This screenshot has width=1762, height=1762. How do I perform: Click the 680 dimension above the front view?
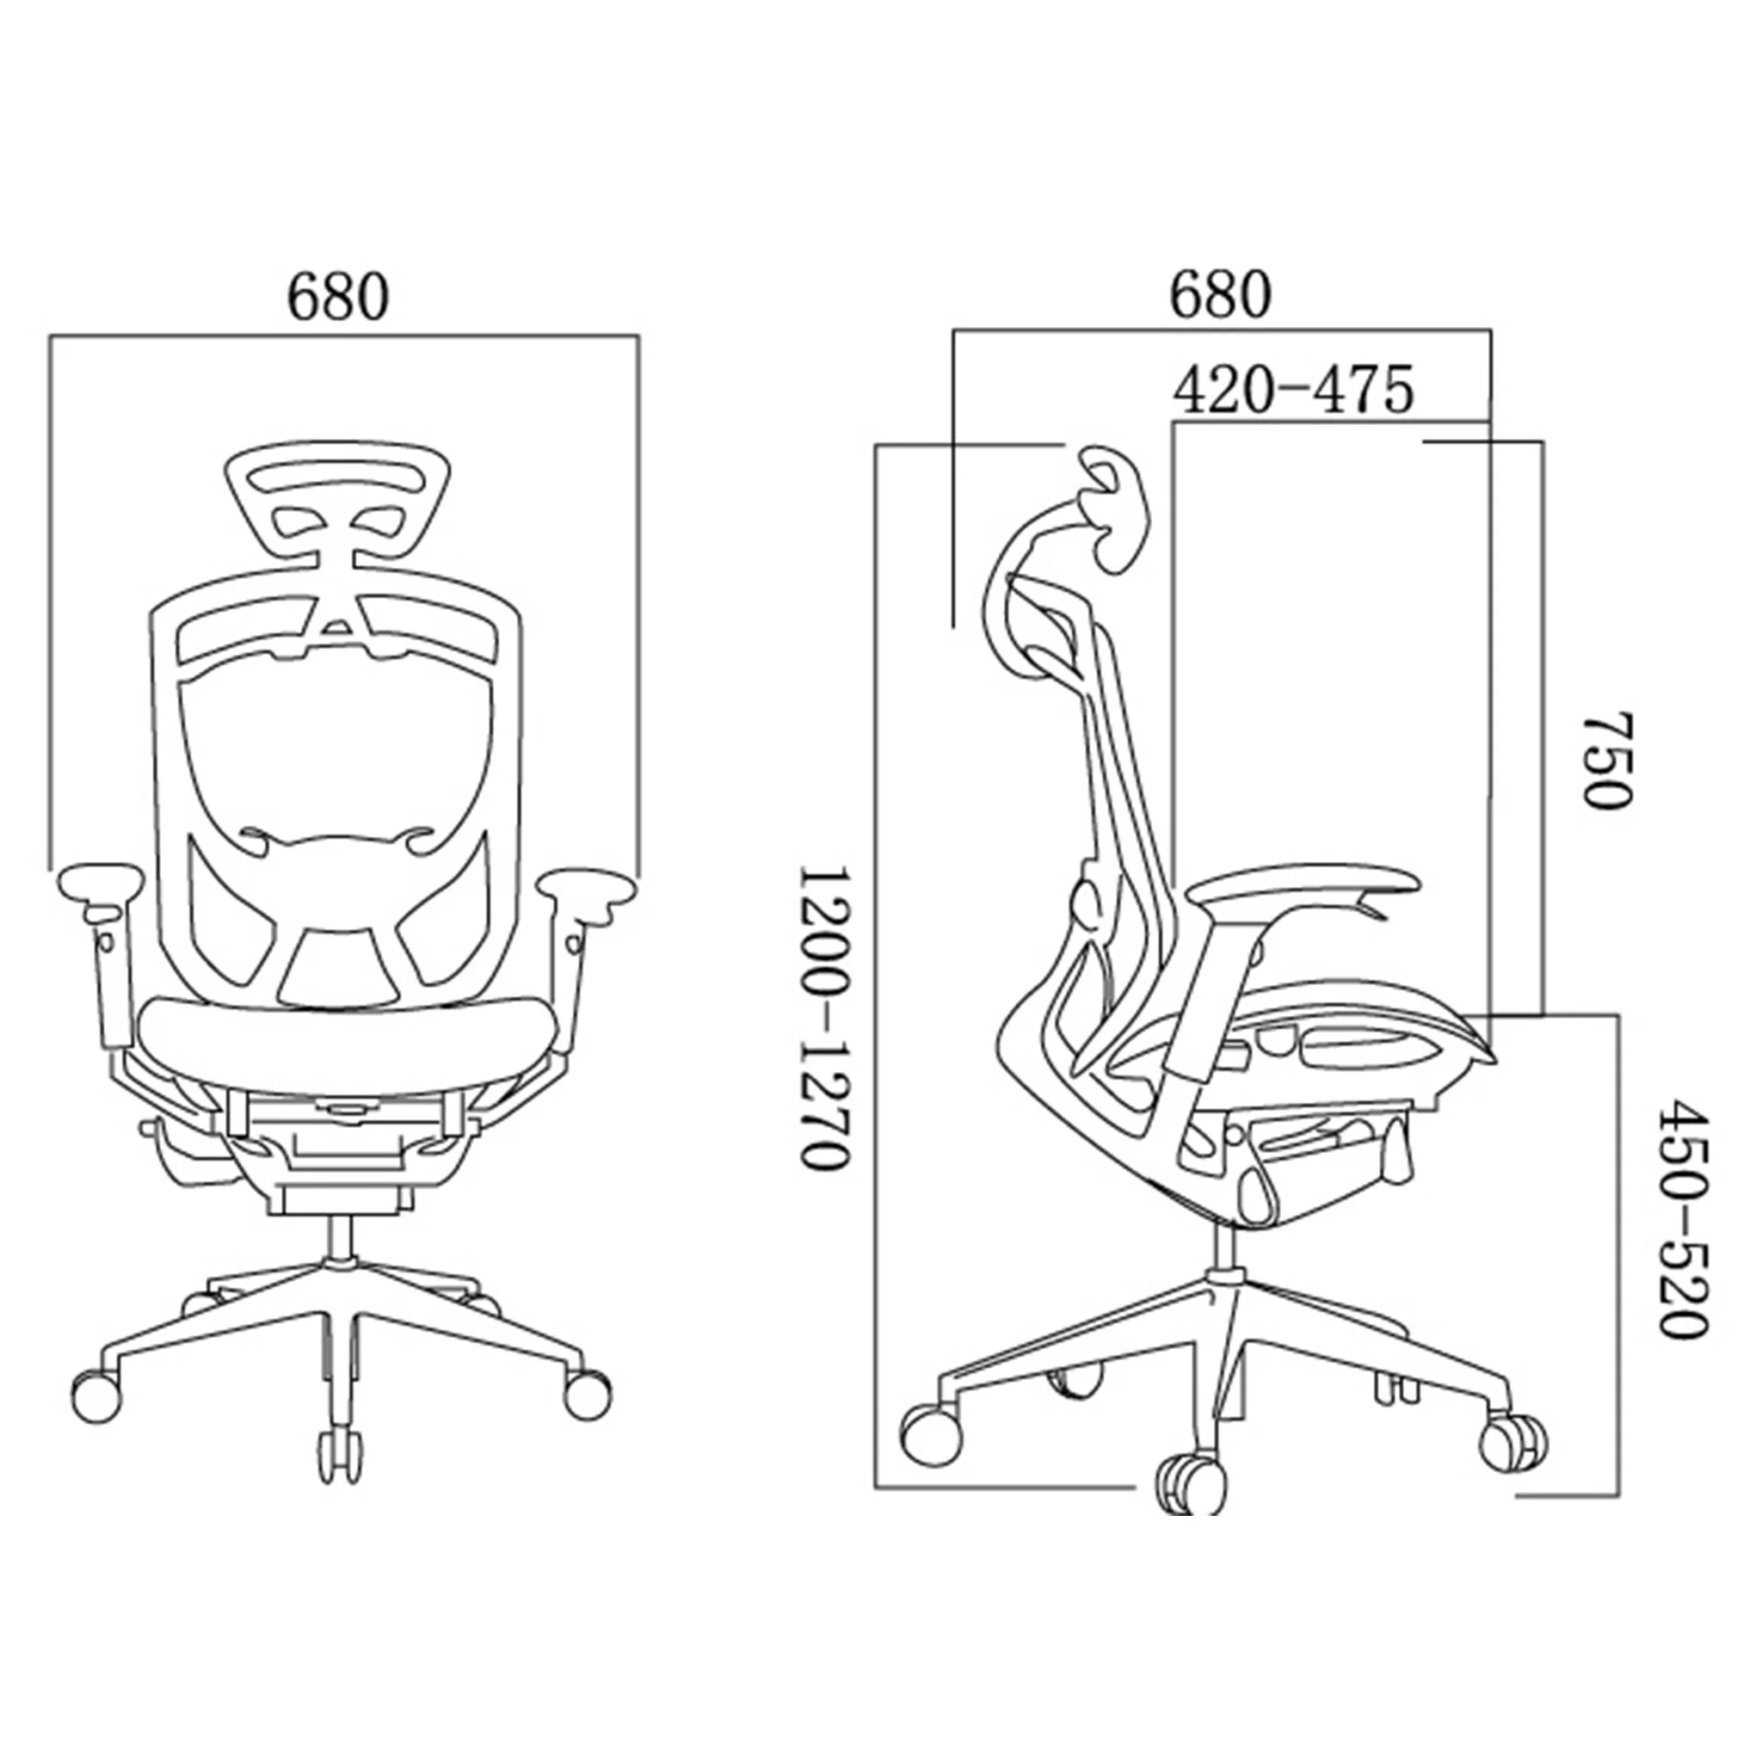[338, 297]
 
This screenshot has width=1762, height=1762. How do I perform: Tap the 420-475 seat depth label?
[1293, 391]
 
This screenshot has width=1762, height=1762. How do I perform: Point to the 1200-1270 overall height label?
[826, 1017]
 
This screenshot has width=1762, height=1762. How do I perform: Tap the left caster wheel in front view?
[95, 1395]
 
